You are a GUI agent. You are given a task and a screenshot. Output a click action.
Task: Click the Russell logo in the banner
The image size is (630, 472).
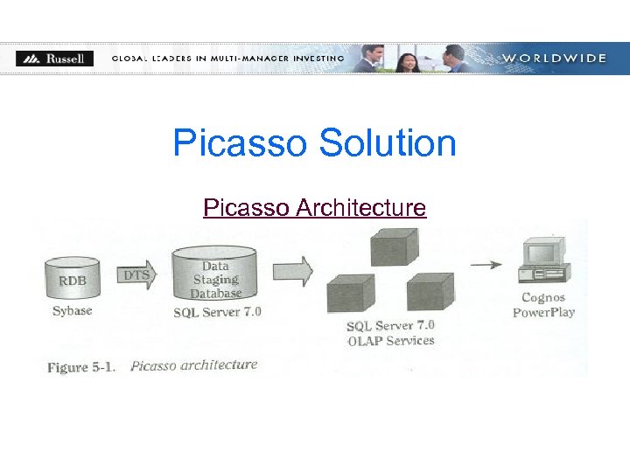click(x=54, y=59)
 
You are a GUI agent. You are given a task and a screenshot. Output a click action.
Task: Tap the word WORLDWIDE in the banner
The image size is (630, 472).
click(x=553, y=59)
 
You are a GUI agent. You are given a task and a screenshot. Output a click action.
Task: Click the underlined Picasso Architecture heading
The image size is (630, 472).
click(x=314, y=208)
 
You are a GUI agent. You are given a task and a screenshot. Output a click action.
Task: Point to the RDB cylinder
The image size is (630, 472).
click(x=73, y=279)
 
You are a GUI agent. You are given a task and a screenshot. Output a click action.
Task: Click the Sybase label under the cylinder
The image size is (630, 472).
click(x=72, y=311)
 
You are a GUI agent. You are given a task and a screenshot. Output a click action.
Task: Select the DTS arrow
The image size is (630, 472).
click(x=137, y=274)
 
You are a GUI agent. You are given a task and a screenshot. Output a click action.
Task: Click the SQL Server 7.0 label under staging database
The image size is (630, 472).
click(x=217, y=312)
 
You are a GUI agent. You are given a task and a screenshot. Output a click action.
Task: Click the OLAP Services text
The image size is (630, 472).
click(x=391, y=341)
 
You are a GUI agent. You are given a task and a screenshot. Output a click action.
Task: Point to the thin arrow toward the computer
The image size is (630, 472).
click(x=486, y=264)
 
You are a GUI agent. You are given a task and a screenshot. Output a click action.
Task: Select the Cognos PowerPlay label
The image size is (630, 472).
click(x=543, y=305)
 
